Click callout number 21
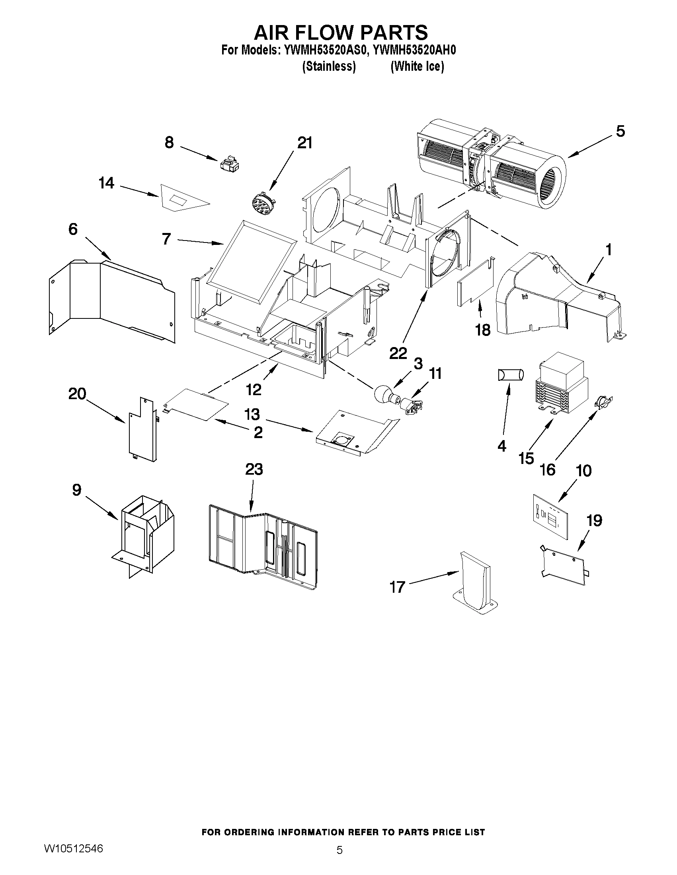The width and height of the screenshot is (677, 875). pos(304,143)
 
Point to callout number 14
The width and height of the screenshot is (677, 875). pos(106,183)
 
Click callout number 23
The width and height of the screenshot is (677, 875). pos(254,469)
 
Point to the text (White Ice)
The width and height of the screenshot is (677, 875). pos(417,66)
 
